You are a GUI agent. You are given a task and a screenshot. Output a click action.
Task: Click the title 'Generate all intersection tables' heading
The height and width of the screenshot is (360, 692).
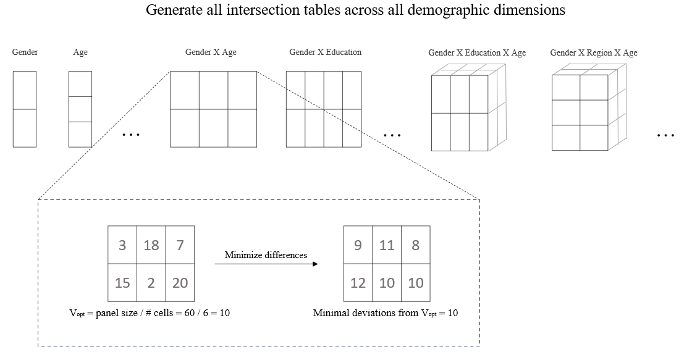pyautogui.click(x=355, y=10)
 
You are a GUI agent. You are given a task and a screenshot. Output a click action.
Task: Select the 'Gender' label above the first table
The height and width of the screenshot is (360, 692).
pyautogui.click(x=25, y=52)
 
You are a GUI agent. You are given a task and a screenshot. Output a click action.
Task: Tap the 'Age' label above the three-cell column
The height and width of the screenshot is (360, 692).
pyautogui.click(x=80, y=52)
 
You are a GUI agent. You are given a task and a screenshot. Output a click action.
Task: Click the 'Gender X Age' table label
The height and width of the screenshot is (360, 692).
pyautogui.click(x=211, y=52)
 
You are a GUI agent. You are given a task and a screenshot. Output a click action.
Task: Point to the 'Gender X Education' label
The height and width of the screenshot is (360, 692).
pyautogui.click(x=325, y=52)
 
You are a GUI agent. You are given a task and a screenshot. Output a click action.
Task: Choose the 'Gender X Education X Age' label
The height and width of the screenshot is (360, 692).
pyautogui.click(x=477, y=53)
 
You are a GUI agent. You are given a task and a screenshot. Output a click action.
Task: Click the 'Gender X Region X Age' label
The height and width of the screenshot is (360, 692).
pyautogui.click(x=593, y=53)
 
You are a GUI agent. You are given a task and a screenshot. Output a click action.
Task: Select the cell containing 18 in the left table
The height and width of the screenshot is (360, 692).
pyautogui.click(x=151, y=245)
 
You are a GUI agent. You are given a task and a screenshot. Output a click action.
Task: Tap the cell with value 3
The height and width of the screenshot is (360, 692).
pyautogui.click(x=122, y=245)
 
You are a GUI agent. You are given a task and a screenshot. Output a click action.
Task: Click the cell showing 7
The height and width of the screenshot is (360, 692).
pyautogui.click(x=180, y=245)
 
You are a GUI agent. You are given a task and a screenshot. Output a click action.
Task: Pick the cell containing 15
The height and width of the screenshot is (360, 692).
pyautogui.click(x=122, y=283)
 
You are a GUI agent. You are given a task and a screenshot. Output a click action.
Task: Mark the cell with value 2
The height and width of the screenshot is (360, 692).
pyautogui.click(x=151, y=283)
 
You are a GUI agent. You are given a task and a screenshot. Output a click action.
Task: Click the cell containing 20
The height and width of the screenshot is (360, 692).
pyautogui.click(x=180, y=283)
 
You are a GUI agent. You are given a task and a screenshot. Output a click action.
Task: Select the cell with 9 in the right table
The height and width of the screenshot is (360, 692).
pyautogui.click(x=358, y=245)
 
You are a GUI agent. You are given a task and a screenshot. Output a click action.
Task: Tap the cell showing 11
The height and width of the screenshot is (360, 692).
pyautogui.click(x=387, y=245)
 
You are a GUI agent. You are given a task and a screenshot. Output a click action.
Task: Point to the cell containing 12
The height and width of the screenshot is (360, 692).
pyautogui.click(x=358, y=283)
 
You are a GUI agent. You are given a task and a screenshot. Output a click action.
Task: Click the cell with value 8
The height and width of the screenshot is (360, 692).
pyautogui.click(x=415, y=245)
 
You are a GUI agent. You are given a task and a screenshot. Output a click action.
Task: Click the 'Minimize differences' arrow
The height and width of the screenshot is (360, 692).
pyautogui.click(x=266, y=264)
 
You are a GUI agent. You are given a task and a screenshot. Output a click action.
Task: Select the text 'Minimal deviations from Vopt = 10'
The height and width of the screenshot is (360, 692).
pyautogui.click(x=386, y=313)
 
